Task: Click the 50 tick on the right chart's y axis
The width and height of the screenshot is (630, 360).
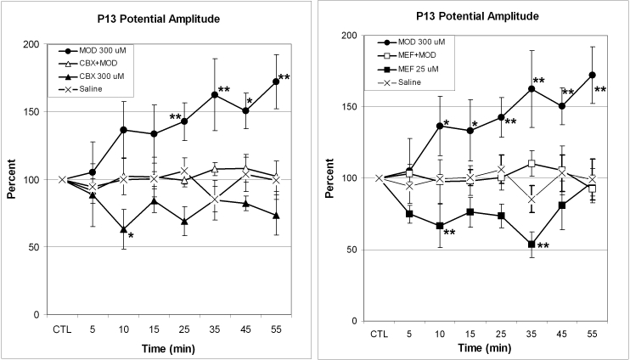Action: point(354,250)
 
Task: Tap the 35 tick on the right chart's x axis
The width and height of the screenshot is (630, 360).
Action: point(531,335)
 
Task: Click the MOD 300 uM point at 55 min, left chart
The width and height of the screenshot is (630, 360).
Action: point(275,82)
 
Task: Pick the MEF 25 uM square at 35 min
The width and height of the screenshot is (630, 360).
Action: point(531,245)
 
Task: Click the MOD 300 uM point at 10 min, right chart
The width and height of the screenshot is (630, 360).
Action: point(440,126)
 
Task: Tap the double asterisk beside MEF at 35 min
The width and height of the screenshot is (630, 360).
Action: point(543,246)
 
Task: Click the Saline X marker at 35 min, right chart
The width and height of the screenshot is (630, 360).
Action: point(531,200)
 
